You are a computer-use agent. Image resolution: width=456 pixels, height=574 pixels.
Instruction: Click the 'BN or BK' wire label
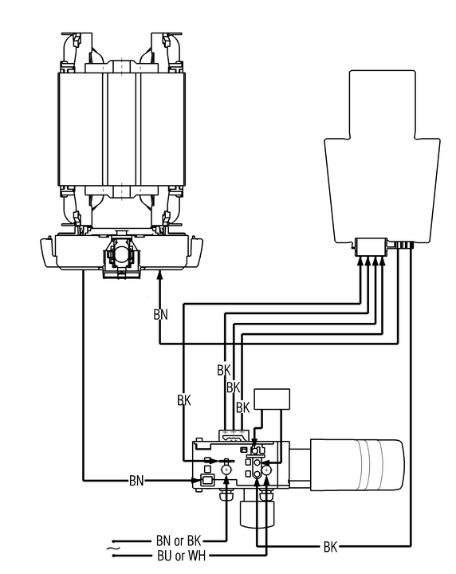tap(179, 541)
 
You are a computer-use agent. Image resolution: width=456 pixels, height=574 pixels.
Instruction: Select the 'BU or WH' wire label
tap(182, 556)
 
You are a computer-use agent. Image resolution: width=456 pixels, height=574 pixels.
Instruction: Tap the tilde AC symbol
tap(112, 548)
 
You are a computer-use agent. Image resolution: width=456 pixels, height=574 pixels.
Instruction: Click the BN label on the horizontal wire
tap(136, 480)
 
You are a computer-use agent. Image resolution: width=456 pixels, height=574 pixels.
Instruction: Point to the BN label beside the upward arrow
tap(161, 314)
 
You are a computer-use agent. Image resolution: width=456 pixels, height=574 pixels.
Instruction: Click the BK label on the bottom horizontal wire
tap(330, 547)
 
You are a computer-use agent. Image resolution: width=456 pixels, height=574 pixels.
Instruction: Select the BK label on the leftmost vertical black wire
tap(184, 400)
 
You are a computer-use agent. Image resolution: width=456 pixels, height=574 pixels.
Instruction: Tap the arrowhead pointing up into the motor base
tap(159, 275)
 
